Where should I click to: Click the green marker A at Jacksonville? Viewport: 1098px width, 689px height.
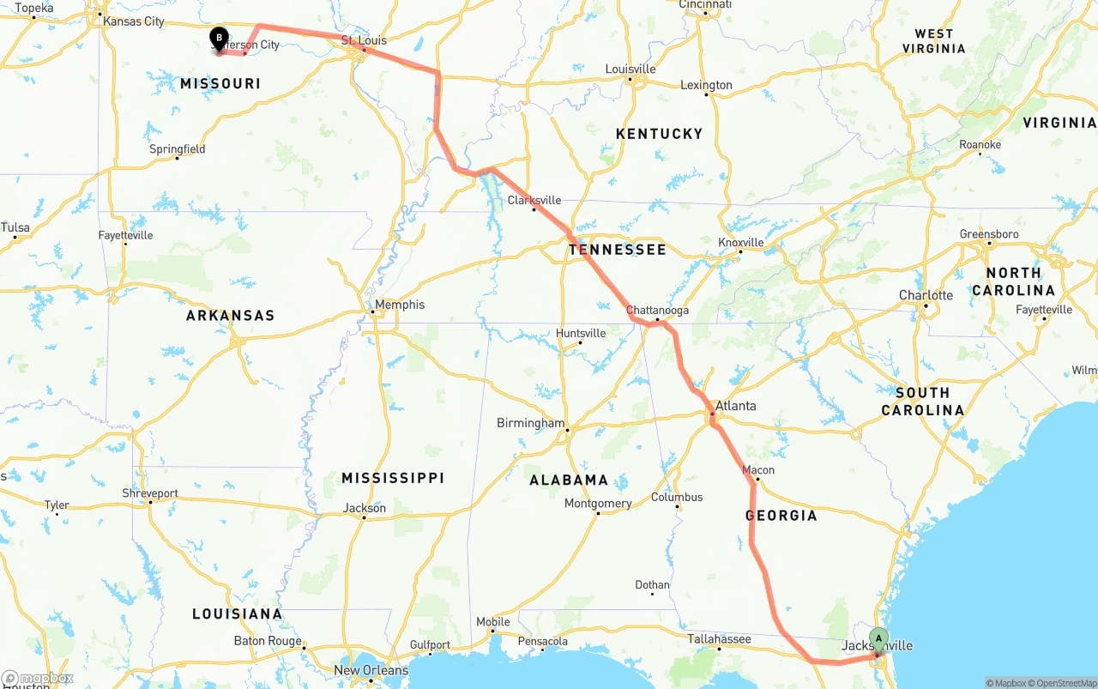tap(878, 638)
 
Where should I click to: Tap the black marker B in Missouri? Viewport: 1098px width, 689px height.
tap(219, 38)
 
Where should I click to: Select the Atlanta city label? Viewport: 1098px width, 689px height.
tap(736, 406)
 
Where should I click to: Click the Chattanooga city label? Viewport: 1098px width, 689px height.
tap(657, 310)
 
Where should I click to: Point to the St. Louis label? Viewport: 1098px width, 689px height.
tap(364, 40)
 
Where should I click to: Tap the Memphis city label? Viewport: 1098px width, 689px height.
tap(400, 305)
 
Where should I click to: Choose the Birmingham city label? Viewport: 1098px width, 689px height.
tap(531, 423)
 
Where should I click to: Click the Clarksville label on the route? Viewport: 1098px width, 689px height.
tap(534, 200)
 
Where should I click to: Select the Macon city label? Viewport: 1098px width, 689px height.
tap(758, 470)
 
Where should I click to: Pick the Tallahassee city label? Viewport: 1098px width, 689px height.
tap(719, 638)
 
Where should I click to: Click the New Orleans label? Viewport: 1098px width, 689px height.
tap(371, 670)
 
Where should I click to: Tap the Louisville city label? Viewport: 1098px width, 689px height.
tap(630, 69)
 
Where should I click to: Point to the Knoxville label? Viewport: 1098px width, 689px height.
tap(741, 243)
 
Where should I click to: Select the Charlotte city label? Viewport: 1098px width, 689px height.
tap(926, 295)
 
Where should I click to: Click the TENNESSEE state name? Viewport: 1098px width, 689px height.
tap(617, 250)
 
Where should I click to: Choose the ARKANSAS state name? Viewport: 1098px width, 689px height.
tap(230, 315)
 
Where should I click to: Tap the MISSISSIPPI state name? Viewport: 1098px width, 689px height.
tap(392, 477)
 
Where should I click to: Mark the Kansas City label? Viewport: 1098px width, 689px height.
tap(133, 21)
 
